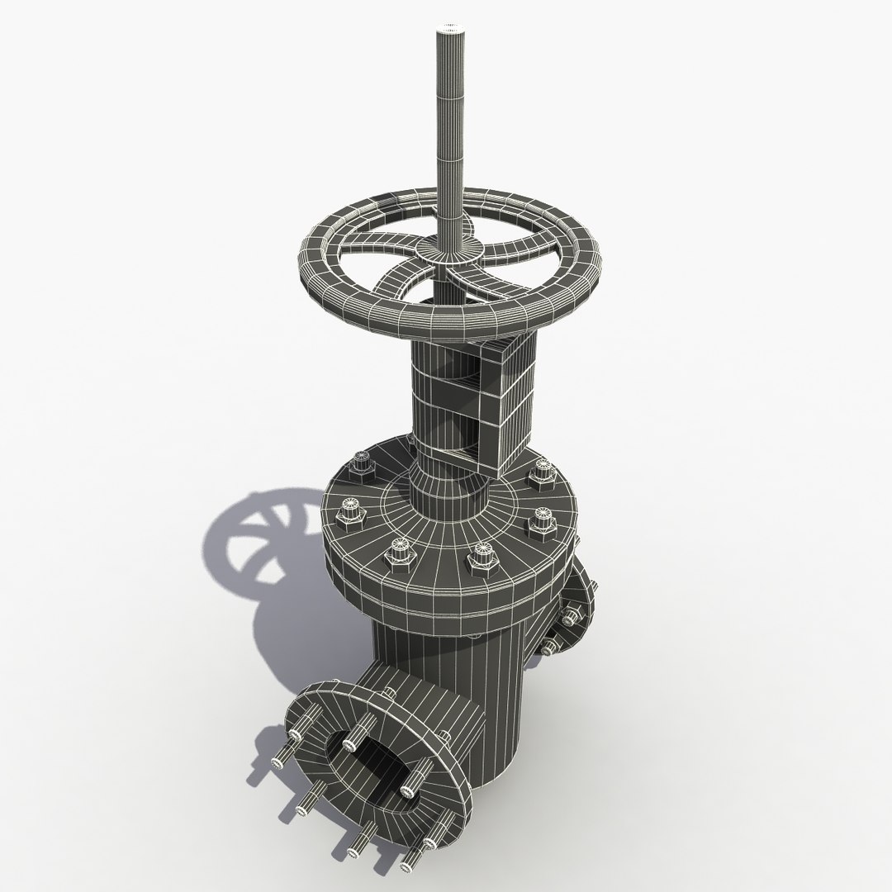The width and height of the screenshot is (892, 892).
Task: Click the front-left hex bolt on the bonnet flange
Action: (x=401, y=553)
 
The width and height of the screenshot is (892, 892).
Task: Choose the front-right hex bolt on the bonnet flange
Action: (x=479, y=560)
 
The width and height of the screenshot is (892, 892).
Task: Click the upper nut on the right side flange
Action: (x=572, y=615)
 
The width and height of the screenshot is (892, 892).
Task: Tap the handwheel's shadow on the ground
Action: (x=248, y=537)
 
